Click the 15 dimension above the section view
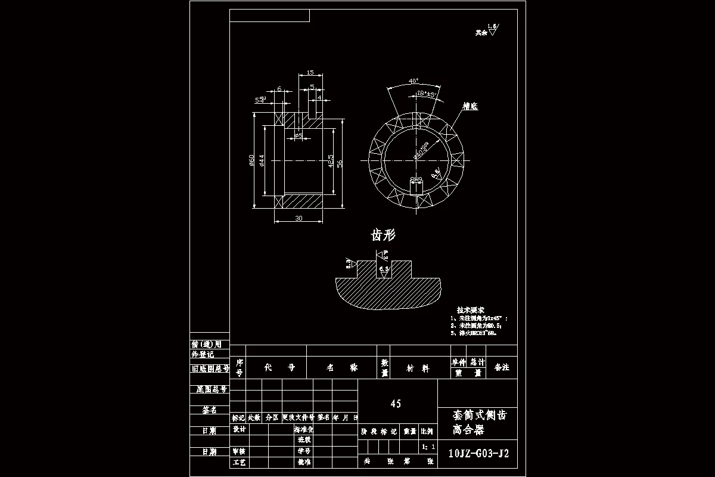pyautogui.click(x=310, y=72)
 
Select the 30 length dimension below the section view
pyautogui.click(x=299, y=218)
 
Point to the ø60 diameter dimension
pyautogui.click(x=252, y=161)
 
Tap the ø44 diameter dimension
pyautogui.click(x=262, y=161)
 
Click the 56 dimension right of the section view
pyautogui.click(x=340, y=163)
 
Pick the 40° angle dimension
pyautogui.click(x=414, y=80)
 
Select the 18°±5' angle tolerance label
pyautogui.click(x=427, y=93)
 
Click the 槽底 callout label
pyautogui.click(x=470, y=106)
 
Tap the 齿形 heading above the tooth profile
pyautogui.click(x=383, y=235)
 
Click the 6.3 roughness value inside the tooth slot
pyautogui.click(x=384, y=270)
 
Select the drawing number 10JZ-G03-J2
pyautogui.click(x=478, y=454)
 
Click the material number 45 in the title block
pyautogui.click(x=396, y=404)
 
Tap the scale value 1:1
pyautogui.click(x=428, y=446)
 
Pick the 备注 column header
pyautogui.click(x=502, y=367)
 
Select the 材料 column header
pyautogui.click(x=417, y=368)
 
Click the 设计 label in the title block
pyautogui.click(x=239, y=429)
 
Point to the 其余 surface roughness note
pyautogui.click(x=481, y=33)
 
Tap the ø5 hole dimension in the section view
pyautogui.click(x=299, y=136)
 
